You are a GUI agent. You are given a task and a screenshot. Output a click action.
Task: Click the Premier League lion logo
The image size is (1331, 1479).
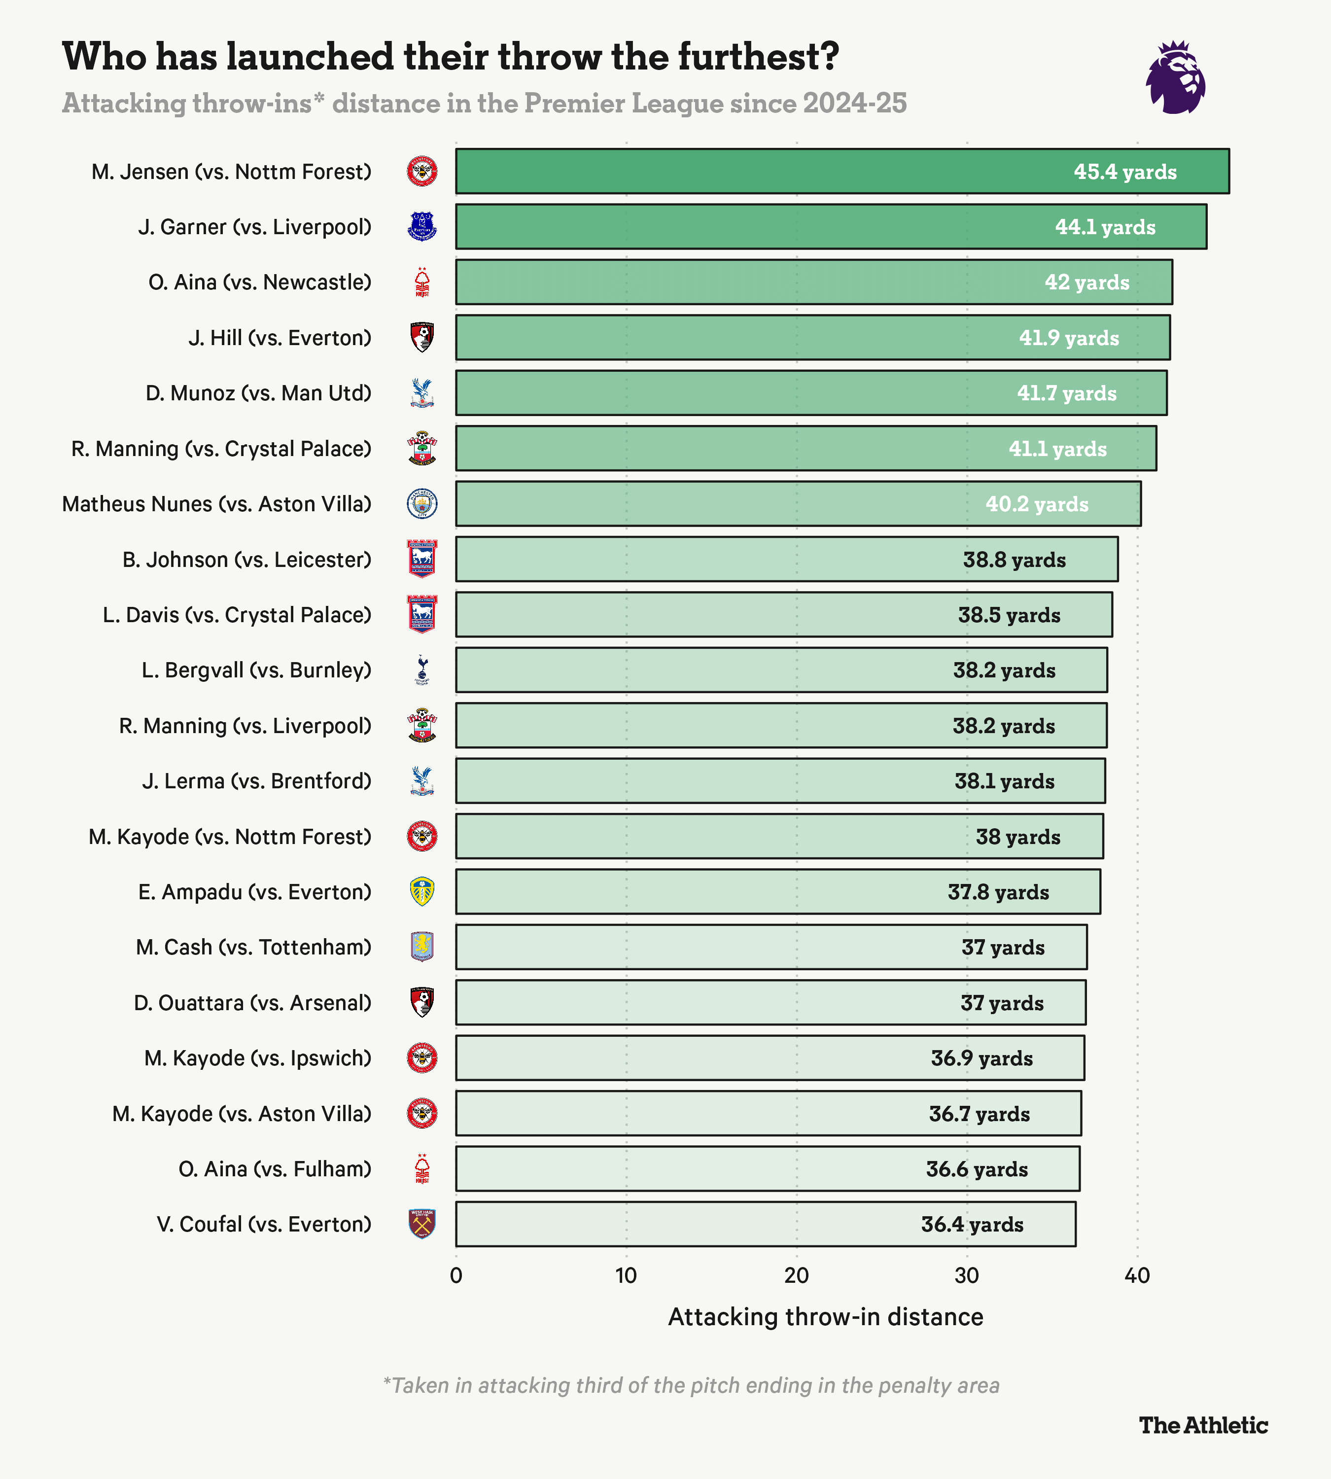[1175, 77]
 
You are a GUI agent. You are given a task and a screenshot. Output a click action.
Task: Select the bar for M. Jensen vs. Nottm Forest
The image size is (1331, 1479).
[841, 171]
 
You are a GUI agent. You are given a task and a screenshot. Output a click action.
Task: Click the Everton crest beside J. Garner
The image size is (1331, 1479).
[422, 227]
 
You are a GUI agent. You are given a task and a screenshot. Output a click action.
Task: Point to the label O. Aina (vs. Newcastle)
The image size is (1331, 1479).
[260, 282]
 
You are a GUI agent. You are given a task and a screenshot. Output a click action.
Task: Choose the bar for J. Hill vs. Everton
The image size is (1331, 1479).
[812, 337]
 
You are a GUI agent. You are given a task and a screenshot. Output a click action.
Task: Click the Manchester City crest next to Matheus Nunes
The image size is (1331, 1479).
[422, 504]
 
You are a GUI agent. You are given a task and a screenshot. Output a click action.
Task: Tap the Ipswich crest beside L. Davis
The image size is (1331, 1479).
[422, 614]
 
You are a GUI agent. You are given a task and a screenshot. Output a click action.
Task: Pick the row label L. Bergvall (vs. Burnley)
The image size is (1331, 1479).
[256, 670]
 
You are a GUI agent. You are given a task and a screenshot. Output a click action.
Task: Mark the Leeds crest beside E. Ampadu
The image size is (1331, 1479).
[422, 892]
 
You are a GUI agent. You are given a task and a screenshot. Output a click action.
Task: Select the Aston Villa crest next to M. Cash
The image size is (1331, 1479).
[422, 947]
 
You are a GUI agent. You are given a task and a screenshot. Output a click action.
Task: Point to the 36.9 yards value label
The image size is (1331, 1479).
[981, 1058]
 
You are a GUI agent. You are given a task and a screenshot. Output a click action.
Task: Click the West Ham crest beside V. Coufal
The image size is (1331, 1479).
[422, 1225]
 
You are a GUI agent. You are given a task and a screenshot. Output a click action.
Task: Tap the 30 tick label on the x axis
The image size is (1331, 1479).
[966, 1276]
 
